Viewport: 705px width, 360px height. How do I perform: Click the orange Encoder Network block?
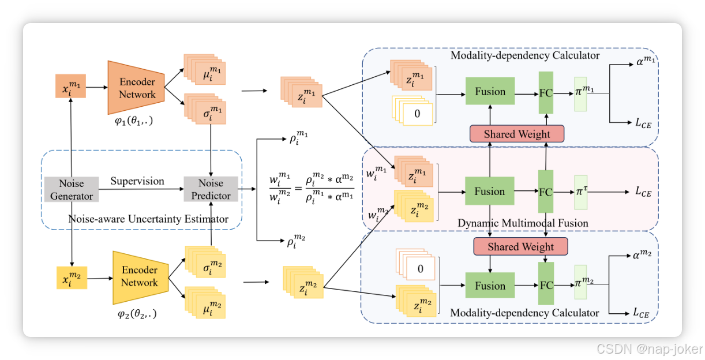coord(137,87)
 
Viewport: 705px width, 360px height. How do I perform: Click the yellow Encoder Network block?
coord(139,277)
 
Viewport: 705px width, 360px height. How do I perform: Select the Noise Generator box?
coord(72,190)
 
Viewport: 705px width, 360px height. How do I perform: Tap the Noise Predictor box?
coord(211,190)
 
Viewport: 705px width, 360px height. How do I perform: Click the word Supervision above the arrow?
coord(137,181)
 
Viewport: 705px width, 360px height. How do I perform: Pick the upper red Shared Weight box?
coord(517,134)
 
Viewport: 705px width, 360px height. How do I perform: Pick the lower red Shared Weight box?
coord(521,246)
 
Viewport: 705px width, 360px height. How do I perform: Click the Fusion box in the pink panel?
coord(490,192)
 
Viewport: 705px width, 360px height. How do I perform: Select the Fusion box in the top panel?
coord(490,91)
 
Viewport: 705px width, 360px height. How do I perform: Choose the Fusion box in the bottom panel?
coord(490,286)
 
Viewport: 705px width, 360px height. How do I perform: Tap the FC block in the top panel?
coord(546,92)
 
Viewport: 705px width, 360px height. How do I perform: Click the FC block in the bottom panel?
coord(546,285)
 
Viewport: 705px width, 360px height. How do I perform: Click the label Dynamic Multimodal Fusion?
coord(523,223)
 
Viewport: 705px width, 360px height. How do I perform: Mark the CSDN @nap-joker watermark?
coord(649,348)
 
